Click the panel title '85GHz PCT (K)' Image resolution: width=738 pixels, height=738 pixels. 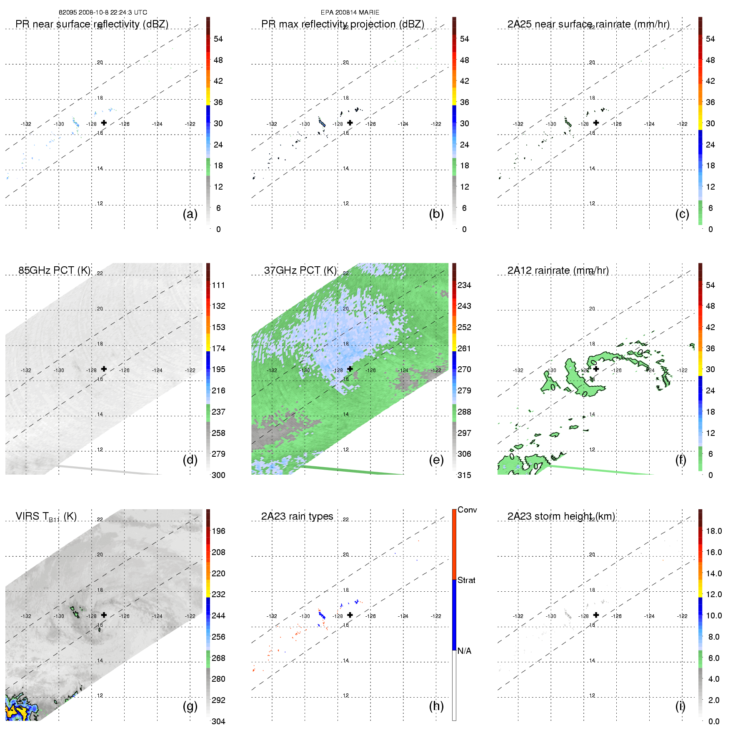click(54, 270)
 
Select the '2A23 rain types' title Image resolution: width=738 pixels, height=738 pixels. click(297, 516)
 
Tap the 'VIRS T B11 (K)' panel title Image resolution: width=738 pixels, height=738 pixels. click(46, 517)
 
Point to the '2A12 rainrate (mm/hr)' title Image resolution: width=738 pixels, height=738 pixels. click(558, 270)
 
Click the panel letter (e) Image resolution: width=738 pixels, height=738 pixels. click(436, 460)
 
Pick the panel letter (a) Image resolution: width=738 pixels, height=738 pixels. click(190, 214)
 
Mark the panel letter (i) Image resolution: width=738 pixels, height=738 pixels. click(680, 706)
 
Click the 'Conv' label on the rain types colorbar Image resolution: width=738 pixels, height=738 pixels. click(467, 510)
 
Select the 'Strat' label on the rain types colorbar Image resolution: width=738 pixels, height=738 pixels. click(466, 580)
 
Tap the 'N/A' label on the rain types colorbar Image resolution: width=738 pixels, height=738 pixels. click(464, 651)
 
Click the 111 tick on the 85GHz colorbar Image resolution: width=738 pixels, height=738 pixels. click(218, 285)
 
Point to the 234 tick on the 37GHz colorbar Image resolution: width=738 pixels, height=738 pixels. click(464, 285)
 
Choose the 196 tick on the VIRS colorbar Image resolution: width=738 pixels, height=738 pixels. click(218, 531)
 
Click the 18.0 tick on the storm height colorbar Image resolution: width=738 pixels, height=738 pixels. click(714, 531)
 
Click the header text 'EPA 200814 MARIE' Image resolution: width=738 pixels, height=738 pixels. click(350, 13)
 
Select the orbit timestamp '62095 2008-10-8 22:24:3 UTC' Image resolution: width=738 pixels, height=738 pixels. click(103, 13)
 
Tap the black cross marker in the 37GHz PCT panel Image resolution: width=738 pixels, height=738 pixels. click(350, 369)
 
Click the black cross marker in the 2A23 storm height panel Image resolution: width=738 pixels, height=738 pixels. click(596, 615)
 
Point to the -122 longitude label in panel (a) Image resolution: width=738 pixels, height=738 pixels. click(190, 124)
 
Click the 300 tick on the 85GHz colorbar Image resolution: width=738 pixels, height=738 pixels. click(218, 475)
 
